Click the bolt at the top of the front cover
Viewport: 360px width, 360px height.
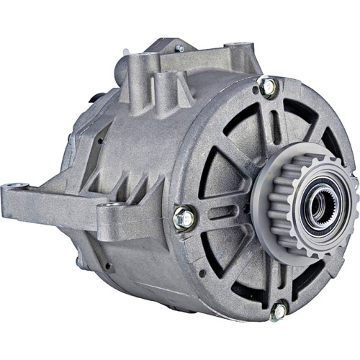click(267, 86)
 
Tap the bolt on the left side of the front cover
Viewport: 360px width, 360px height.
click(184, 215)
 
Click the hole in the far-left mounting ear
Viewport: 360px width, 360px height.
click(13, 193)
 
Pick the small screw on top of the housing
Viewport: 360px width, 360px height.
click(179, 49)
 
